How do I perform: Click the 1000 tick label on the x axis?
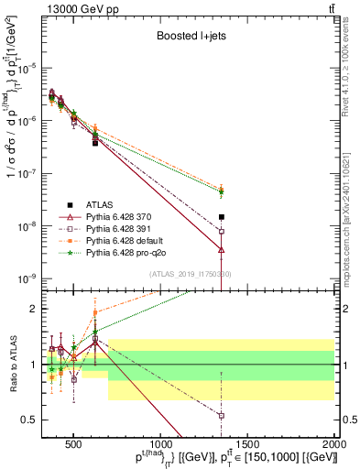[x=160, y=446]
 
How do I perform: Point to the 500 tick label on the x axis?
[x=73, y=446]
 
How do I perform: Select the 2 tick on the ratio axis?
[x=38, y=309]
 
